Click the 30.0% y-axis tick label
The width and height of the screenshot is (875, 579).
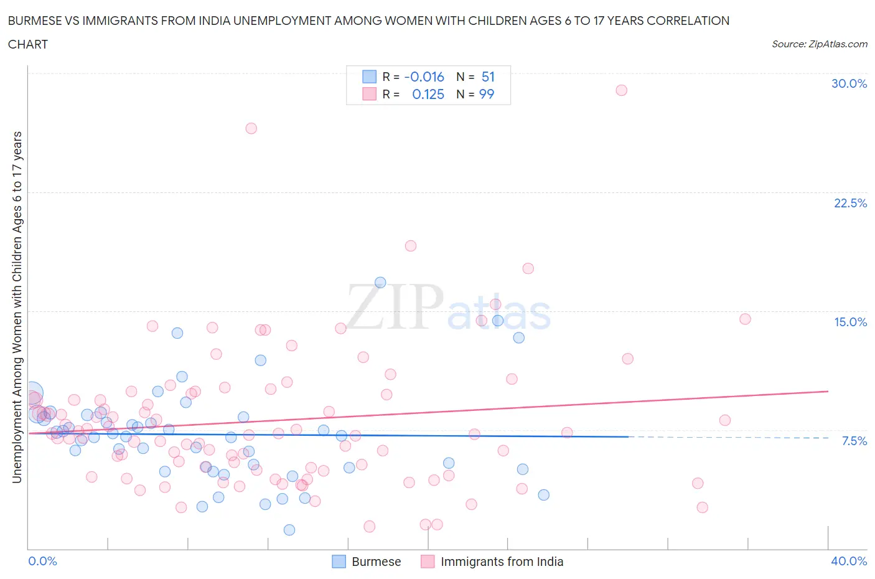click(x=849, y=83)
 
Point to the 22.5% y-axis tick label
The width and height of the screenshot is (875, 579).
click(x=850, y=203)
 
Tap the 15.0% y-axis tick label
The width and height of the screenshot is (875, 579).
click(x=850, y=322)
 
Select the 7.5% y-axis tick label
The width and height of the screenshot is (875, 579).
click(x=854, y=441)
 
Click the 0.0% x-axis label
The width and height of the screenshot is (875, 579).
click(x=43, y=561)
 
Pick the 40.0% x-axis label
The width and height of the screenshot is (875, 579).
click(x=849, y=561)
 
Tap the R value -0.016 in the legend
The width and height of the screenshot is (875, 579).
click(x=424, y=77)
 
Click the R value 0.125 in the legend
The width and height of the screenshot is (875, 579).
click(x=428, y=94)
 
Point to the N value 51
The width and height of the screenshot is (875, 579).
click(x=488, y=77)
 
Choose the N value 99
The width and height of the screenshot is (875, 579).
click(x=487, y=94)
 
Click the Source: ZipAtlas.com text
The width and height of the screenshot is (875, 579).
click(x=819, y=44)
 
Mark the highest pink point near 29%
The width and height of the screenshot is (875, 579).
click(x=621, y=90)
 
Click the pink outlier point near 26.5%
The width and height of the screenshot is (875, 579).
click(x=251, y=128)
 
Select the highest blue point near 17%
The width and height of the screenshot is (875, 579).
click(x=380, y=283)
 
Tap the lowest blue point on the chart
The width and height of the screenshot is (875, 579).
click(x=289, y=530)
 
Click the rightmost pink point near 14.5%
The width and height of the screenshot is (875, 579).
click(x=745, y=319)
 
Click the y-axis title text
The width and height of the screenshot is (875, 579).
click(x=17, y=308)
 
